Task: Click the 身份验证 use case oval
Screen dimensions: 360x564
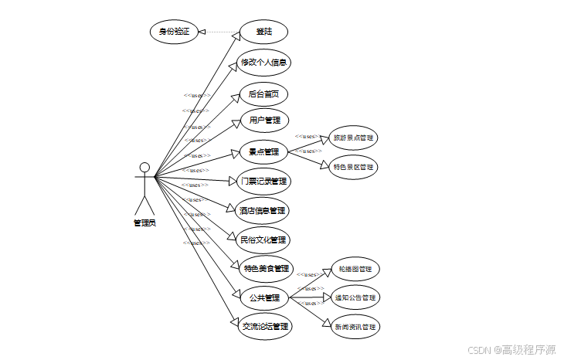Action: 174,32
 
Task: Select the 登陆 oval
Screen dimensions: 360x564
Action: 263,32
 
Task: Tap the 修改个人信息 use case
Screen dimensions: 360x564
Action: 265,63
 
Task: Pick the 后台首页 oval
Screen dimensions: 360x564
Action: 263,95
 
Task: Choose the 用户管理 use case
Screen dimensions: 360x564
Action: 263,121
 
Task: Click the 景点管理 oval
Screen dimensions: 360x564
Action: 263,152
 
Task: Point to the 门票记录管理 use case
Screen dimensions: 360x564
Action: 263,182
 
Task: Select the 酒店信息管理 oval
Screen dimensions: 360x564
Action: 263,210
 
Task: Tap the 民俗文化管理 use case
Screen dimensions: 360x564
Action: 263,239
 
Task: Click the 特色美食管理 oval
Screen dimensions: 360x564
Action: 266,269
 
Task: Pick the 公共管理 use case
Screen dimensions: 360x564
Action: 263,297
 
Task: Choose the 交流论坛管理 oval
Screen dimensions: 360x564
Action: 264,326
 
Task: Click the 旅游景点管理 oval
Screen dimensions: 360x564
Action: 353,138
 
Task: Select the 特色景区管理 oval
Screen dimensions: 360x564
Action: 353,167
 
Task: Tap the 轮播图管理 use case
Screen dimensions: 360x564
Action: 355,270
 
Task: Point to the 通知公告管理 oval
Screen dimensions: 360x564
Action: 355,297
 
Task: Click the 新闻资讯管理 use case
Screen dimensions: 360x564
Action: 355,327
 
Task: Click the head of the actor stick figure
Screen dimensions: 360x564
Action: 144,167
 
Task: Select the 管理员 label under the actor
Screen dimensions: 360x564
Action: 144,223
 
